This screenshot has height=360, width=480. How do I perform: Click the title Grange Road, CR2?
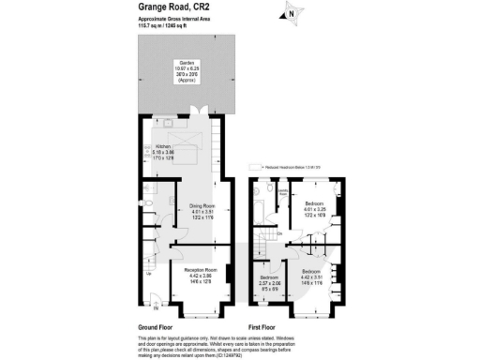coord(165,7)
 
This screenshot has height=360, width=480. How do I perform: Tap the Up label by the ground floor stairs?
coord(148,274)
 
